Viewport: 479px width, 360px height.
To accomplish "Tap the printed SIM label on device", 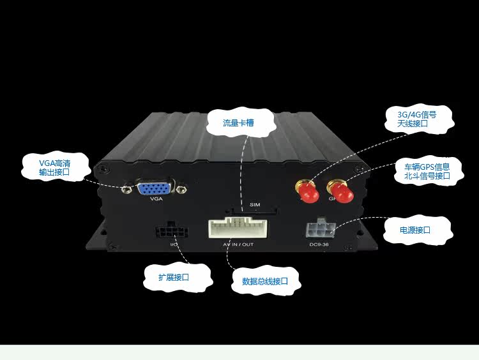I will [255, 204].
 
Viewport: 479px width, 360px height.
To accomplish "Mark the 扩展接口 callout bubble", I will [174, 278].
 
